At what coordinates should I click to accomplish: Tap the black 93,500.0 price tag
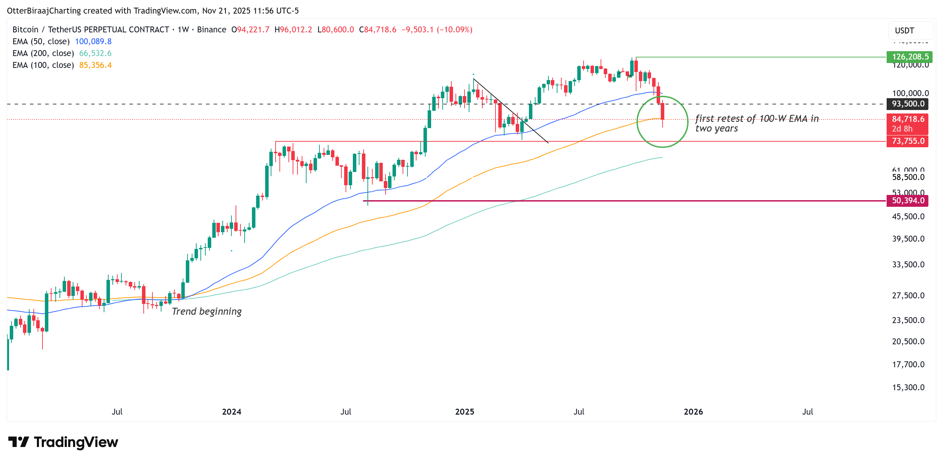point(908,104)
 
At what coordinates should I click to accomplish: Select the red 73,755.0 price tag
point(908,141)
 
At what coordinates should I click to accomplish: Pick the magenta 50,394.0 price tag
point(908,201)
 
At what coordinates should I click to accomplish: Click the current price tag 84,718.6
point(908,119)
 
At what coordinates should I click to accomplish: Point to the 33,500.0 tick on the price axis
point(908,264)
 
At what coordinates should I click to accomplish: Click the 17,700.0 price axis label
point(908,364)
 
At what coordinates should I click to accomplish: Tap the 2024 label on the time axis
point(231,411)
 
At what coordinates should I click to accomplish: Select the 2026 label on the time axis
point(693,411)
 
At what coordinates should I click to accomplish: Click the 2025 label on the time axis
point(464,411)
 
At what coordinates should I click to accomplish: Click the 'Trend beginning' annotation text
point(206,311)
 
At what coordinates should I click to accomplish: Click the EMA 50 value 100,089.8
point(93,41)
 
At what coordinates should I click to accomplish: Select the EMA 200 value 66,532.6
point(95,53)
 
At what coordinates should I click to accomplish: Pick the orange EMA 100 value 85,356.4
point(95,65)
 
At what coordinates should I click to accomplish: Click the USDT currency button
point(905,30)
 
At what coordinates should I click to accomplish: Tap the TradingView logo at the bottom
point(63,442)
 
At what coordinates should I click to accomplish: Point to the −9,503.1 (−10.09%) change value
point(437,30)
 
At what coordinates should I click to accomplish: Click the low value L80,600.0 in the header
point(335,30)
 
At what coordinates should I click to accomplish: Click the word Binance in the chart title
point(212,30)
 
